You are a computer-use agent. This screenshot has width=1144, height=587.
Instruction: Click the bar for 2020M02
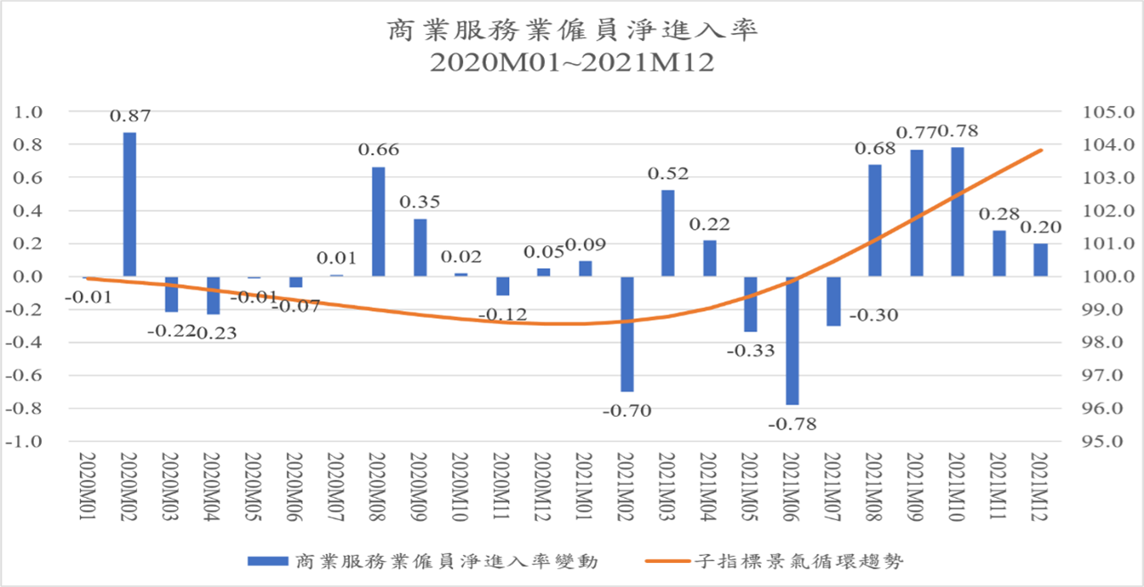129,204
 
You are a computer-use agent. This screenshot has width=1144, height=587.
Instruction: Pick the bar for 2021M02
627,334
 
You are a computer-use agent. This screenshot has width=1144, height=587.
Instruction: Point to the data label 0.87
130,116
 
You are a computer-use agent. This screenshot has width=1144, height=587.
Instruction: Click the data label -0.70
627,411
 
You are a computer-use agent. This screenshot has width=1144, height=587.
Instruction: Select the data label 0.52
668,173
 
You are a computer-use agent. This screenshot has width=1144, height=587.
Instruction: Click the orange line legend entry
775,561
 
